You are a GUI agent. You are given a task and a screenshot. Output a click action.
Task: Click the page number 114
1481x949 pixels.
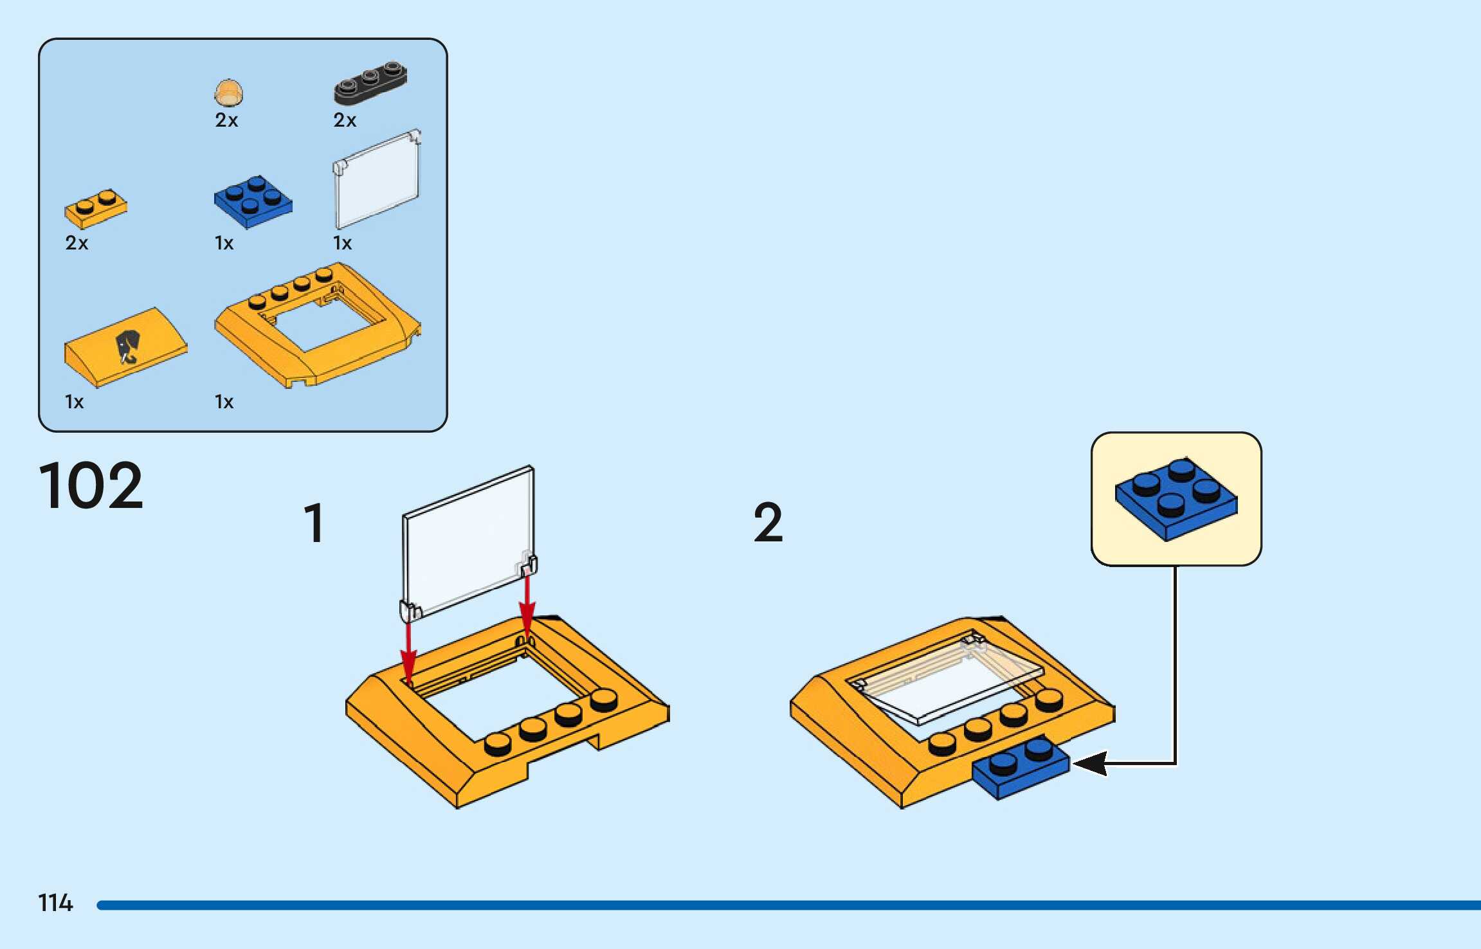(55, 903)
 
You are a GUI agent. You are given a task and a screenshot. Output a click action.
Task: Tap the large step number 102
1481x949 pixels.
(91, 485)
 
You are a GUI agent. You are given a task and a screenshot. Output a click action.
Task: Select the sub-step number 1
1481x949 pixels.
(314, 523)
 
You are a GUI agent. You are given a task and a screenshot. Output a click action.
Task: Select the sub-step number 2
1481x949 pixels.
(768, 523)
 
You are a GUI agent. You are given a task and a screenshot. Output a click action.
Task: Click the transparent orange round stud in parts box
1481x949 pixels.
(228, 93)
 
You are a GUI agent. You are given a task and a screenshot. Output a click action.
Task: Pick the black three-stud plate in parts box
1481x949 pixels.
(370, 82)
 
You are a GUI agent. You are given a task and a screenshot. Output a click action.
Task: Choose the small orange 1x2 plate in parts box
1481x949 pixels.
(96, 208)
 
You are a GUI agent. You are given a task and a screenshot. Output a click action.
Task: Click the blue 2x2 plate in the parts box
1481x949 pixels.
(253, 201)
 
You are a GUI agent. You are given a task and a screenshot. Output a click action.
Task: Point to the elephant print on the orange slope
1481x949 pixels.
(127, 346)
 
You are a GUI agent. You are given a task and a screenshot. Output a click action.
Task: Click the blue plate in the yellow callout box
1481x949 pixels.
(1176, 499)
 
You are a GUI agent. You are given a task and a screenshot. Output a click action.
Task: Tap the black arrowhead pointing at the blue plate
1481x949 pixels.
(1091, 763)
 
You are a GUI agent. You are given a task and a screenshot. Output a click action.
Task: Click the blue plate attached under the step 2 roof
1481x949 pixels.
(1021, 767)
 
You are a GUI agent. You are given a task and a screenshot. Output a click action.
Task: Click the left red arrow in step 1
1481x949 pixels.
(408, 649)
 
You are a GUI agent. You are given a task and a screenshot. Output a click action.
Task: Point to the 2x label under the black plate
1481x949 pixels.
(345, 120)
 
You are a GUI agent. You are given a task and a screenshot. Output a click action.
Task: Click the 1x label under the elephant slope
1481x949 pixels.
(74, 402)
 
